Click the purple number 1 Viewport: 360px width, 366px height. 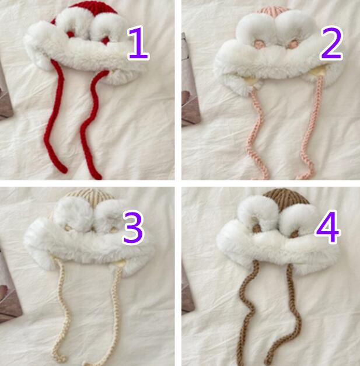click(x=138, y=43)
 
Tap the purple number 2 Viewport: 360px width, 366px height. click(x=331, y=43)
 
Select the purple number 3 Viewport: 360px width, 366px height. click(x=134, y=228)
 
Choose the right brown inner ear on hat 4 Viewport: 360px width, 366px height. click(x=294, y=233)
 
